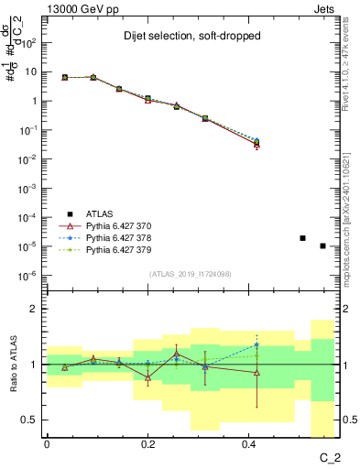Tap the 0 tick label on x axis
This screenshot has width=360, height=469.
tap(47, 442)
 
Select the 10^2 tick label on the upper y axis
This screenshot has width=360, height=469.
tap(28, 43)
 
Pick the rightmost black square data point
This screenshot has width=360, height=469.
tap(322, 245)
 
